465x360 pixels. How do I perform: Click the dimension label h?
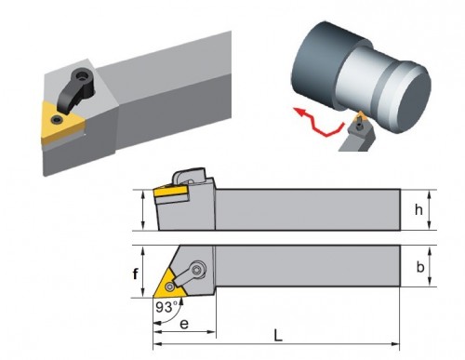(x=418, y=210)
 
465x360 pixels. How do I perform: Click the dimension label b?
(x=420, y=267)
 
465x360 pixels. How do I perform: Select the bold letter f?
(x=135, y=274)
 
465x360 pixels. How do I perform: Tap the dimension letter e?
(x=184, y=324)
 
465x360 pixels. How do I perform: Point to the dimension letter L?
(x=278, y=335)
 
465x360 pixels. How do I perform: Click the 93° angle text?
(x=167, y=307)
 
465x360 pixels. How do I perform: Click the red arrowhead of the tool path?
(x=299, y=111)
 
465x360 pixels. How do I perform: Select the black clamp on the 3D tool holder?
(x=77, y=89)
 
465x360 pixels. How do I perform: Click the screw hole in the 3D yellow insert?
(x=57, y=119)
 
